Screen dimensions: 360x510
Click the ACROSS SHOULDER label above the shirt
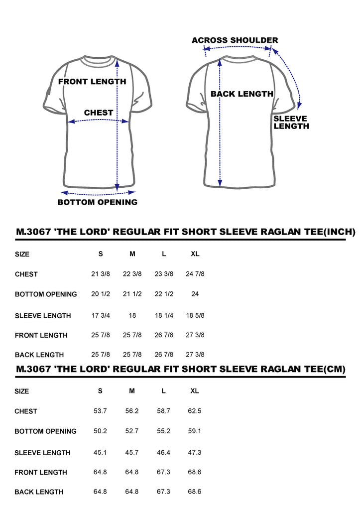(235, 40)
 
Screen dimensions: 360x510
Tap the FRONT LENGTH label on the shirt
(92, 82)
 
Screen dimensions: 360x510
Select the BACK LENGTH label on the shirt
(242, 94)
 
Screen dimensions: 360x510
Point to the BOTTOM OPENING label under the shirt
(97, 202)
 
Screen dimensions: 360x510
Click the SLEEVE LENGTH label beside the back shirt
(291, 123)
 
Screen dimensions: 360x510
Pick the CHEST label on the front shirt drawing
(99, 113)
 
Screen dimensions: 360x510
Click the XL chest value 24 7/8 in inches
(195, 274)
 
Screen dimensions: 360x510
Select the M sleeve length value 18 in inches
(132, 315)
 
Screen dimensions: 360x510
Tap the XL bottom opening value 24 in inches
(195, 294)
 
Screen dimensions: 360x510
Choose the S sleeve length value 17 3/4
(101, 315)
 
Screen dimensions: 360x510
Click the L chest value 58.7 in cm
(163, 411)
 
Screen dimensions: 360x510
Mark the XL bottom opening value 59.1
(195, 431)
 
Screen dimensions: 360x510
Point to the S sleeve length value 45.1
(100, 452)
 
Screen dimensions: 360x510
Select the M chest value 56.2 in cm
(132, 411)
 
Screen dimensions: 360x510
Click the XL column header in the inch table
(195, 254)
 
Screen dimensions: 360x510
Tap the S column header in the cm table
(100, 391)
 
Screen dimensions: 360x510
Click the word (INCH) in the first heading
(340, 232)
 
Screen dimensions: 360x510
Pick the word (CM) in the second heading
(334, 369)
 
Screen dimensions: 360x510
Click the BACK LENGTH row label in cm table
(39, 492)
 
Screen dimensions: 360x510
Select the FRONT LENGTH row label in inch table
(41, 335)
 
